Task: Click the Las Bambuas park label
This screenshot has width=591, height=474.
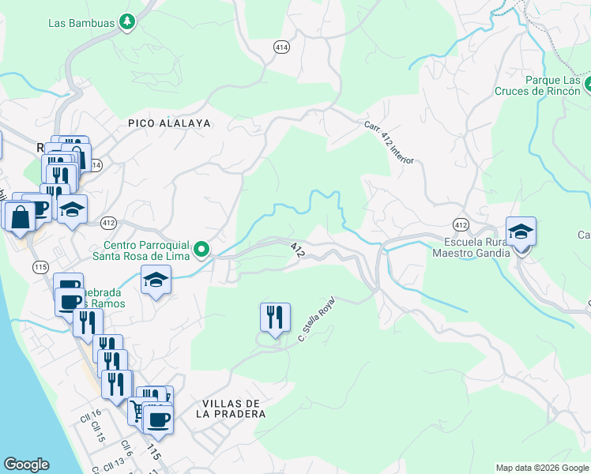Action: pos(81,22)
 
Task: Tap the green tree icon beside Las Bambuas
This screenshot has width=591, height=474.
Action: pos(126,22)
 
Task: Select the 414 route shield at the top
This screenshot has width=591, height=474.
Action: pos(281,48)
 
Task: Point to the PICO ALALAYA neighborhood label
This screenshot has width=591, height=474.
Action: pos(169,123)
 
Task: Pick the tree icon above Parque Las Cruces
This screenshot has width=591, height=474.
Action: pos(589,81)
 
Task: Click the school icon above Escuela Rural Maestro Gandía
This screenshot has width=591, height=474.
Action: pos(521,231)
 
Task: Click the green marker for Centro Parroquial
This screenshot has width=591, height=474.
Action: pos(202,250)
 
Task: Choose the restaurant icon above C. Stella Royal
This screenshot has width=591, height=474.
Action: pos(275,318)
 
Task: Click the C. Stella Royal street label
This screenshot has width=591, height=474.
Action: pos(316,319)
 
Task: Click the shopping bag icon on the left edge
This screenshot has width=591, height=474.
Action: pos(19,216)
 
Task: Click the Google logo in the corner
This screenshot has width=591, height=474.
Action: pos(26,465)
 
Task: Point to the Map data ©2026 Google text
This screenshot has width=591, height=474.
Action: pos(541,468)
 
